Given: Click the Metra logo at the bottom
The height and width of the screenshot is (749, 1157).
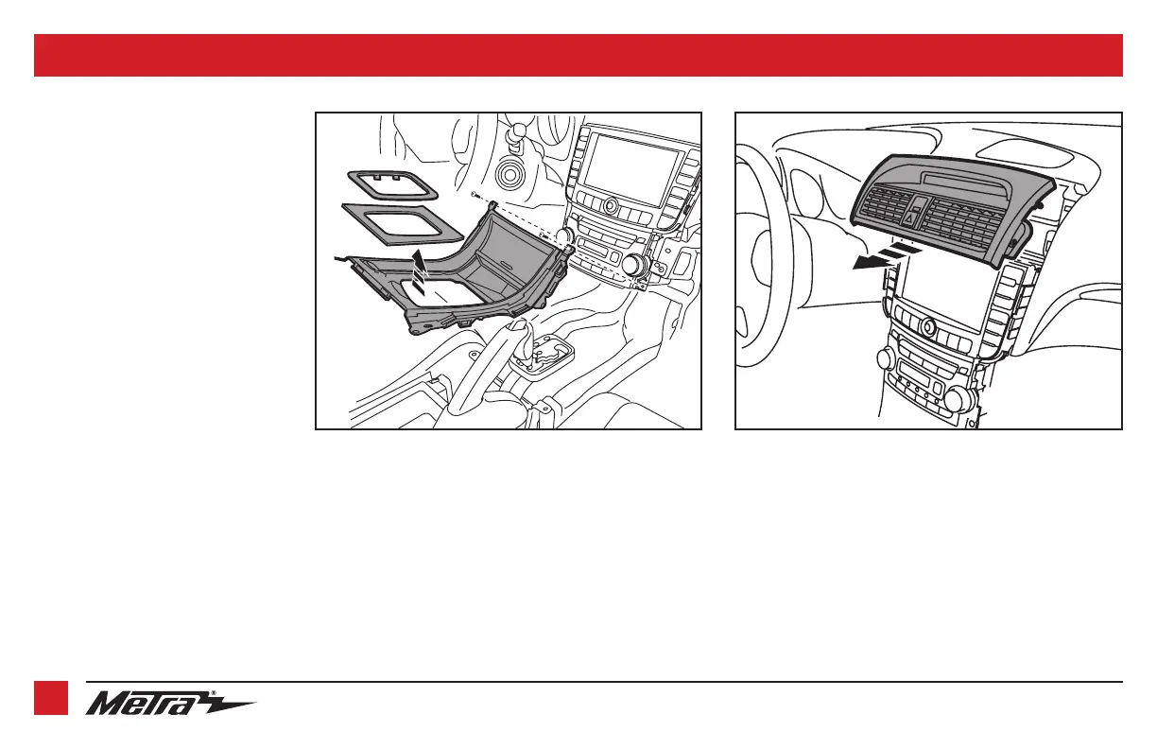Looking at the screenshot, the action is point(171,703).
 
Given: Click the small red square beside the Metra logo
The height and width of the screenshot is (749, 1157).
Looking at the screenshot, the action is point(51,698).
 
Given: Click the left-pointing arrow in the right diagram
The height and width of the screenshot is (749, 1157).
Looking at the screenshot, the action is point(880,257).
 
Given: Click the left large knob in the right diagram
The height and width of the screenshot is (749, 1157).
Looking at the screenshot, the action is point(888,357).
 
